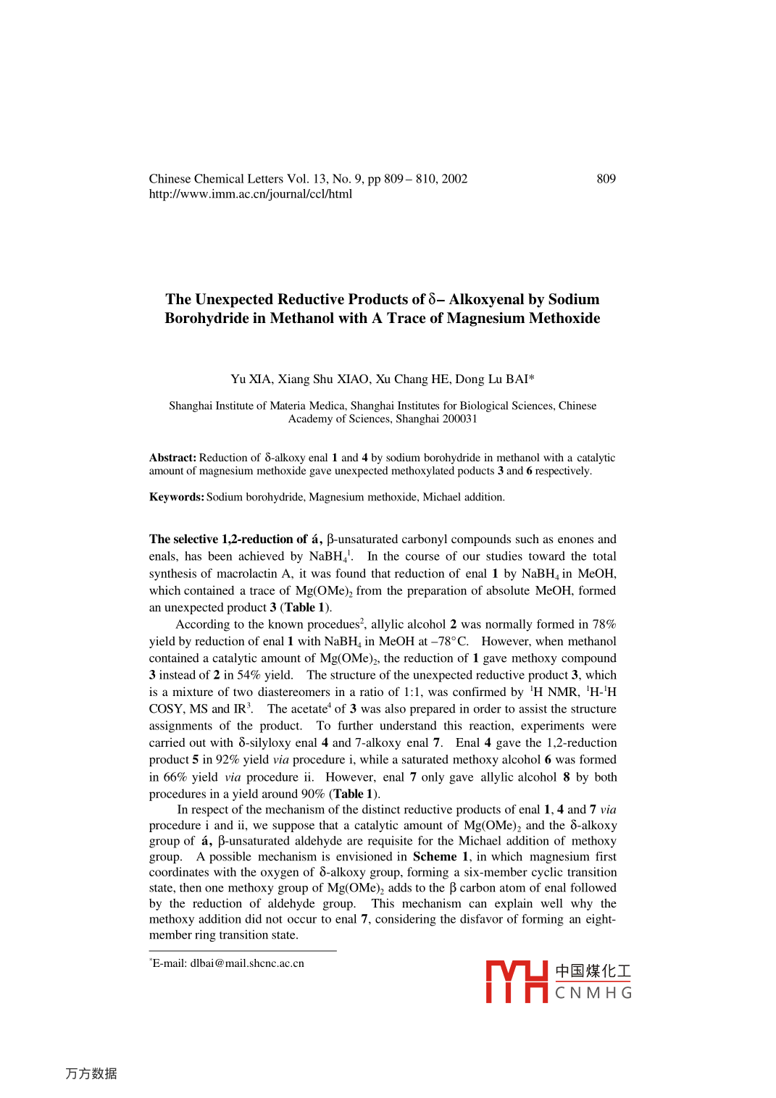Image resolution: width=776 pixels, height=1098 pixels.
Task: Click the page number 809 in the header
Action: click(606, 179)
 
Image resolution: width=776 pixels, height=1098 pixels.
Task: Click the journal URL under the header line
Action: click(250, 194)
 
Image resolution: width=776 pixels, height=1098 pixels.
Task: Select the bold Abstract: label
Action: click(172, 458)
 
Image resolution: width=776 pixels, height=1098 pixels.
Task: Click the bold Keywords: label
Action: click(177, 497)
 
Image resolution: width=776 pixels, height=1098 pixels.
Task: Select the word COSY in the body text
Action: click(166, 709)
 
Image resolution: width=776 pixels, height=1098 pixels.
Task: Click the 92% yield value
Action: click(228, 760)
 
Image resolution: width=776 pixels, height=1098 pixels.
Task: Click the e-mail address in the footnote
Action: click(246, 963)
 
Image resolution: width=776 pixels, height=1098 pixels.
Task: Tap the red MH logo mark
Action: click(516, 981)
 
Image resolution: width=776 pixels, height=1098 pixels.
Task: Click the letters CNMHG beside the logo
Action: click(593, 993)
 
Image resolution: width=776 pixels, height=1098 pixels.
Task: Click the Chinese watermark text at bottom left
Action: click(91, 1073)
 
